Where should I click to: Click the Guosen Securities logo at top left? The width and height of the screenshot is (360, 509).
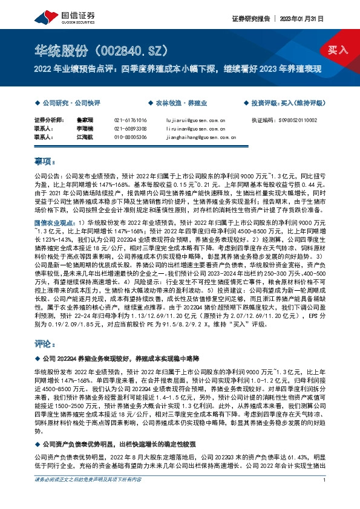pyautogui.click(x=56, y=11)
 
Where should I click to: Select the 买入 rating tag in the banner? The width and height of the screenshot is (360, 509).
pyautogui.click(x=338, y=50)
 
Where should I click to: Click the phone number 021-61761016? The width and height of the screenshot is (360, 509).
pyautogui.click(x=130, y=121)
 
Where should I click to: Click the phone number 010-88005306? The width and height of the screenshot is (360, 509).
pyautogui.click(x=130, y=137)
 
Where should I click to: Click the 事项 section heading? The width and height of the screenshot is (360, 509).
pyautogui.click(x=44, y=163)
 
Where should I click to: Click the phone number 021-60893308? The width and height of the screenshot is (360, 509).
pyautogui.click(x=130, y=129)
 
